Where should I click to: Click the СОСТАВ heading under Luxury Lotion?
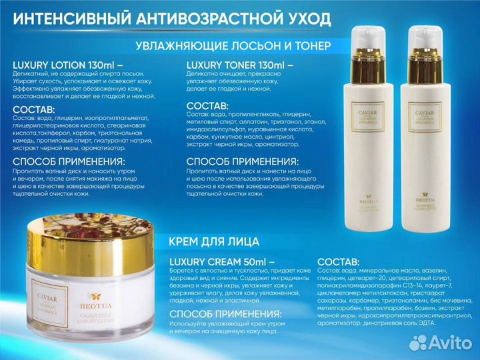click(34, 109)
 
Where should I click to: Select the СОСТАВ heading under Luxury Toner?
click(207, 106)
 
